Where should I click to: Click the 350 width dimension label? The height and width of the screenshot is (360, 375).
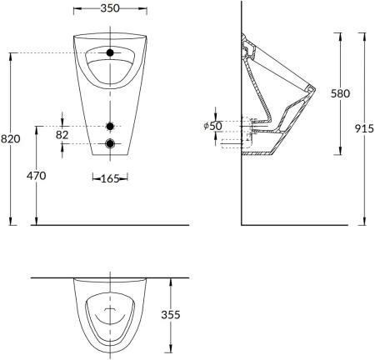click(x=110, y=8)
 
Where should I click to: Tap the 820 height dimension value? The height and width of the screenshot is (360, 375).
click(x=11, y=138)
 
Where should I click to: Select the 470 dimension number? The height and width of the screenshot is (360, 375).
click(x=37, y=176)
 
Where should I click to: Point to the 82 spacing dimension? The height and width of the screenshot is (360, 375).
click(x=62, y=135)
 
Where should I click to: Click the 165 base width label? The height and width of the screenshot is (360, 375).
click(x=110, y=178)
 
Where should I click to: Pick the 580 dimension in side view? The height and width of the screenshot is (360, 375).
click(x=340, y=93)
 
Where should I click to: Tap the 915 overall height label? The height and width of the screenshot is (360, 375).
click(x=364, y=128)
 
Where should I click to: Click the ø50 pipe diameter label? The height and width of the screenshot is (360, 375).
click(x=212, y=126)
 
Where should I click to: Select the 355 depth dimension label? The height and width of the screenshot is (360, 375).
click(x=171, y=315)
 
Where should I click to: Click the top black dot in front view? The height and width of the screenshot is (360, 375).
click(x=110, y=52)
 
